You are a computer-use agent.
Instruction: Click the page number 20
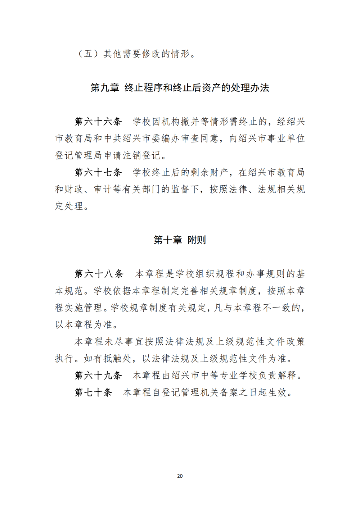tap(180, 476)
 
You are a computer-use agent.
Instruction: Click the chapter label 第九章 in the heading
tap(105, 88)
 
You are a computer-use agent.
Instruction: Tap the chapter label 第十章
tap(168, 240)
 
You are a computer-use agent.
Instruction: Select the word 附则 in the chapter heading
tap(197, 240)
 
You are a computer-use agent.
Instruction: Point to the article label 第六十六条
tap(98, 122)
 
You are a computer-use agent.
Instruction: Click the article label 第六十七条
tap(98, 172)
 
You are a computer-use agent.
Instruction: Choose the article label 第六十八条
tap(99, 274)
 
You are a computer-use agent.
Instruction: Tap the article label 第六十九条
tap(98, 375)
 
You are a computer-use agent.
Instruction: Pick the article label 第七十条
tap(94, 392)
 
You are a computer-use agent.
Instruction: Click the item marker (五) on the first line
tap(89, 54)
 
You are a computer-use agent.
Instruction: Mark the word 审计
tap(103, 189)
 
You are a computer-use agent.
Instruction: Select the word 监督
tap(180, 189)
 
